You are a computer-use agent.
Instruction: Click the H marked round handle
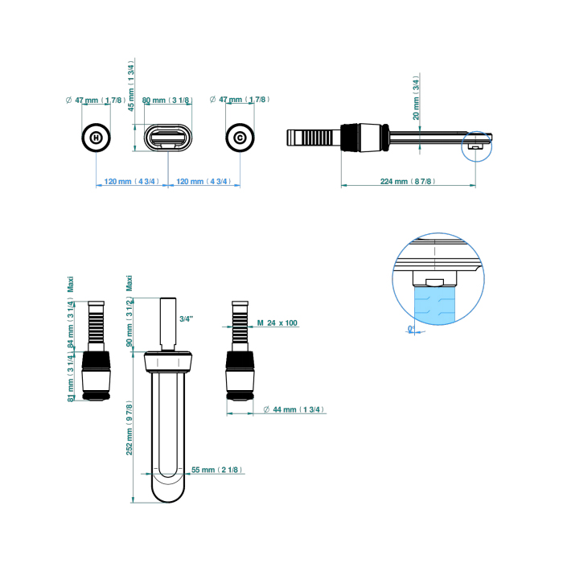97,138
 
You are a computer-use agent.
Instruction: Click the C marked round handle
240,138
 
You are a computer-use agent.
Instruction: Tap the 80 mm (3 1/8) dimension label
167,101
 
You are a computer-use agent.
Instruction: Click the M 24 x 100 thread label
277,323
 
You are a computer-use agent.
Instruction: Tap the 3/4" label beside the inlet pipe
187,319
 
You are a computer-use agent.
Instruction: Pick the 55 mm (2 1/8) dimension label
218,470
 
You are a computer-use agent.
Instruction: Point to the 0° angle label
411,329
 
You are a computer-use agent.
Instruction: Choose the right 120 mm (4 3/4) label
203,182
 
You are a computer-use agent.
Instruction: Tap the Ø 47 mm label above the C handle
239,100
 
